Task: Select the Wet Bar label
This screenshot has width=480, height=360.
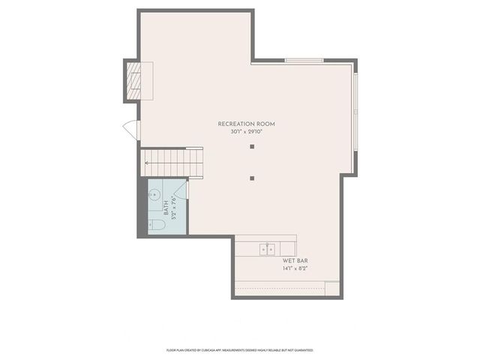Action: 295,260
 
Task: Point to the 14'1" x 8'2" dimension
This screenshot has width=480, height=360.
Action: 295,268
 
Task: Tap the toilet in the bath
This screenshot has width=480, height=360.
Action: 157,224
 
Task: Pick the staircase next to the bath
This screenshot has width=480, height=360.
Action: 172,161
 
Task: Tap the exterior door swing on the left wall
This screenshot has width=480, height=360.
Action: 130,130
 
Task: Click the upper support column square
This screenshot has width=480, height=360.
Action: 252,146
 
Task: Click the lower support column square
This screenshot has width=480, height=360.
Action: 252,178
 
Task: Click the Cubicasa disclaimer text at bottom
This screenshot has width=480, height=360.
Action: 239,349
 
